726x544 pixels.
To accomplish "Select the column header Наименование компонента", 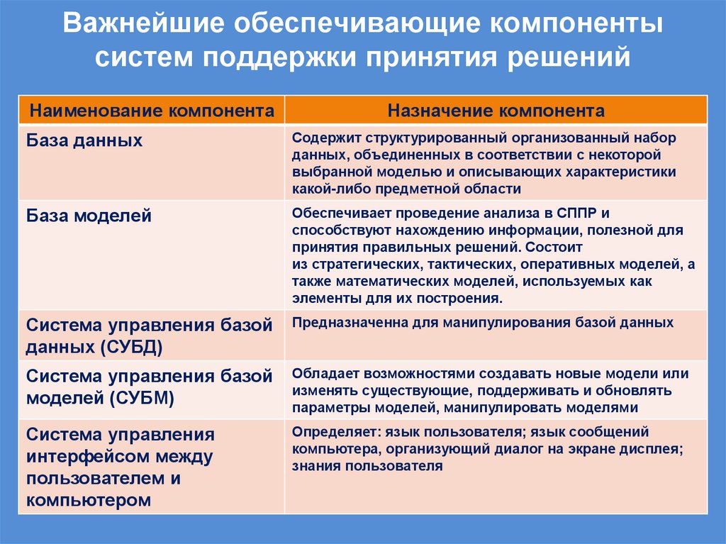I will pos(151,111).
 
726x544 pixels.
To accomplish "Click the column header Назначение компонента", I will pos(496,111).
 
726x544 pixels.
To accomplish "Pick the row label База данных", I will pos(84,140).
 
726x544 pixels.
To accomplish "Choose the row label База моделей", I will pos(89,216).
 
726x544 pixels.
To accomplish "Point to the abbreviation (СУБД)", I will pos(130,347).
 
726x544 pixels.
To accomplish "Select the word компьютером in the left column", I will pos(89,499).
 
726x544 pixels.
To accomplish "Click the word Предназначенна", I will pos(347,323).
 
